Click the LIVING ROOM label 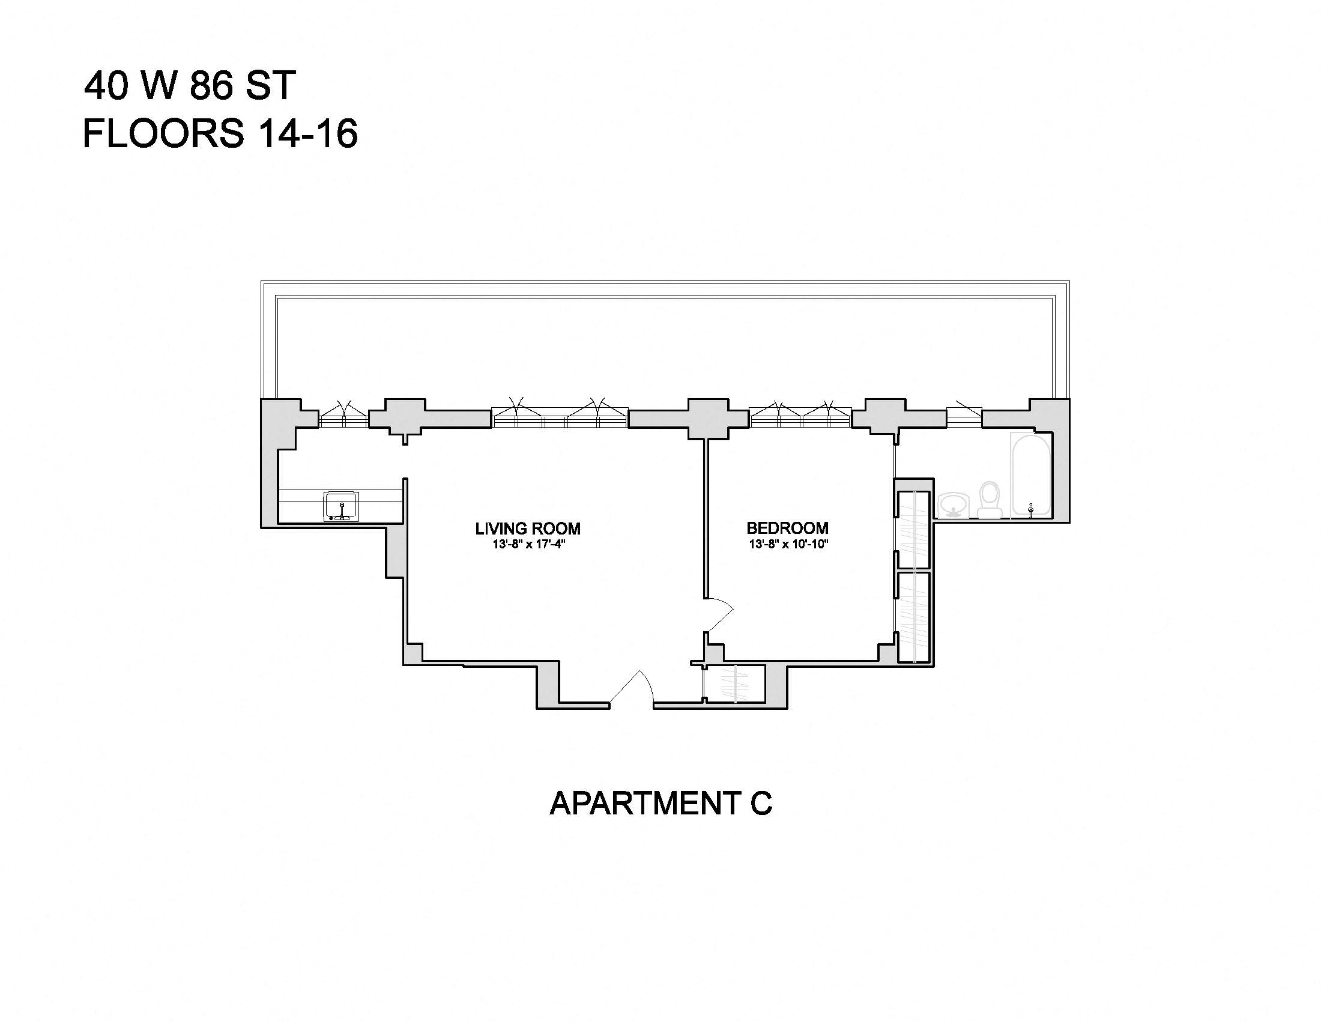(x=527, y=529)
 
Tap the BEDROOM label (x=788, y=528)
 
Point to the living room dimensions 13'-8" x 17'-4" (x=528, y=544)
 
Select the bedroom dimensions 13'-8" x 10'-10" (x=788, y=544)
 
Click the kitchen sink (x=342, y=506)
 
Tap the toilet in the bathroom (x=990, y=500)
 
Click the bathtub (x=1030, y=473)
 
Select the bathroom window (x=964, y=417)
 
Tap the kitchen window (x=343, y=417)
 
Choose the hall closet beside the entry (x=735, y=684)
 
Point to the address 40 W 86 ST (x=190, y=85)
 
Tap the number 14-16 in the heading (x=307, y=134)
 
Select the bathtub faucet (x=1031, y=509)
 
